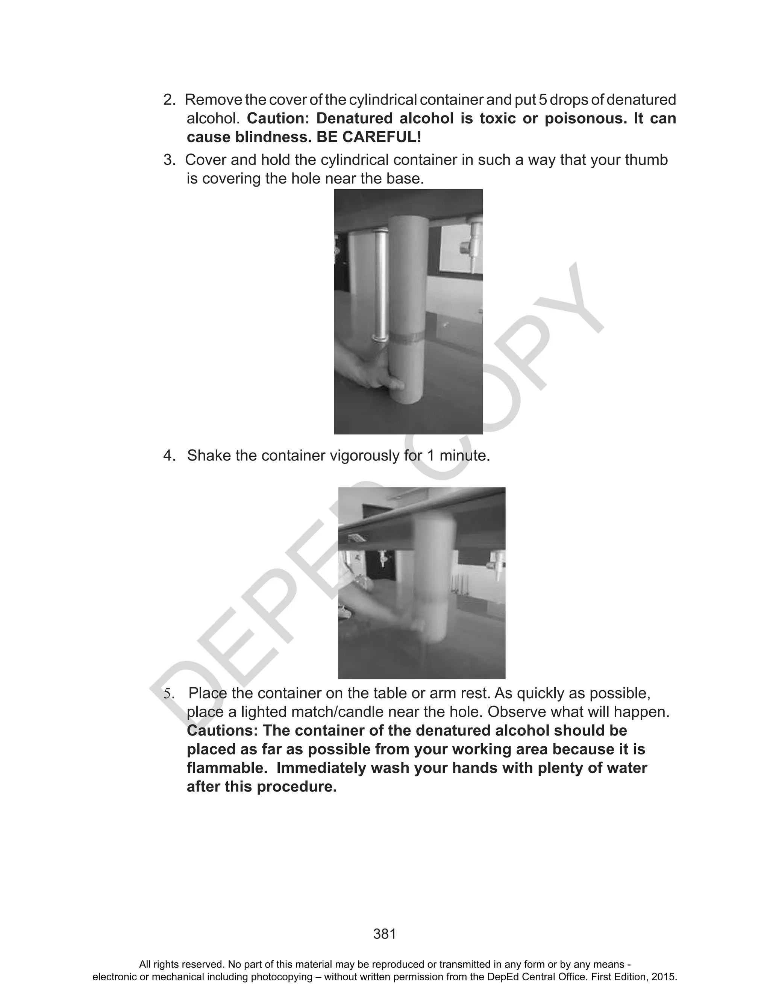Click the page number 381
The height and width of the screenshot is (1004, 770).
coord(385,933)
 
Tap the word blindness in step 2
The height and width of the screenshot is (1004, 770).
coord(272,137)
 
